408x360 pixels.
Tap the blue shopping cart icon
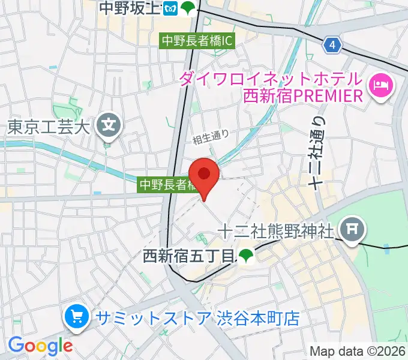pos(77,317)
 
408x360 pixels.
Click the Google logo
pos(40,346)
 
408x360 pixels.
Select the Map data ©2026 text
pos(356,352)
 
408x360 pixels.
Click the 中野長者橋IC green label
pos(196,41)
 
